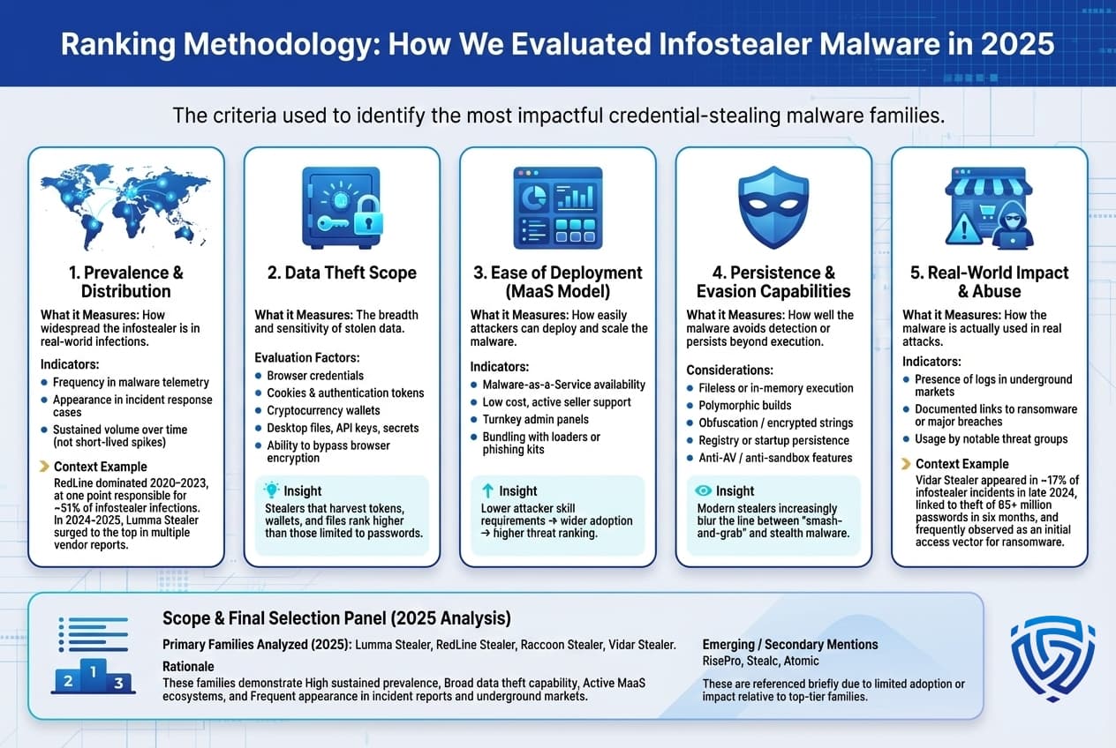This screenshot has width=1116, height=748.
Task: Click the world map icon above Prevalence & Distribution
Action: (x=125, y=206)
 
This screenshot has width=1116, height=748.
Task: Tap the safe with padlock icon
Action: (x=341, y=207)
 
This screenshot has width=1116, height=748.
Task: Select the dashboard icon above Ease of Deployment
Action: (x=557, y=207)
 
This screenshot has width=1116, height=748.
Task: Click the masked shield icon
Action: (x=773, y=207)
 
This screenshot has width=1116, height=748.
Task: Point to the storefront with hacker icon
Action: (x=989, y=207)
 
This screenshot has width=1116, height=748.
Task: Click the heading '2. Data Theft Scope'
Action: (x=342, y=273)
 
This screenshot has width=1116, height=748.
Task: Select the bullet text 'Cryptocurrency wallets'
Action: (x=323, y=410)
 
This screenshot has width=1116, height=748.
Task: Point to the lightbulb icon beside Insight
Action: (x=271, y=490)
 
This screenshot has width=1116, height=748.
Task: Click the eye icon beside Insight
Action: (x=704, y=490)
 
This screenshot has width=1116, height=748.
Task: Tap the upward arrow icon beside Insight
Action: (x=487, y=490)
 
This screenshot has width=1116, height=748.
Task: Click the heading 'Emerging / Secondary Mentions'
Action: (x=789, y=644)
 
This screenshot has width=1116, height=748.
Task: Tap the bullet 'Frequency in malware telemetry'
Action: (x=131, y=382)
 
